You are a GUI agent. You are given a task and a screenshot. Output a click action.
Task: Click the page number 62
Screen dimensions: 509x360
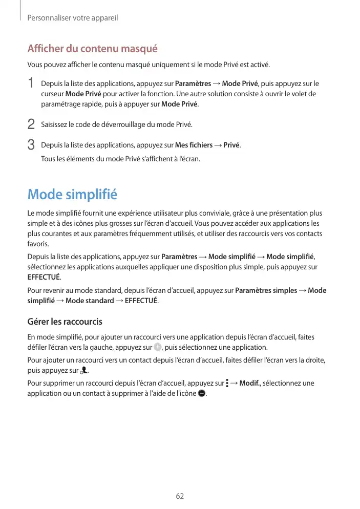point(180,496)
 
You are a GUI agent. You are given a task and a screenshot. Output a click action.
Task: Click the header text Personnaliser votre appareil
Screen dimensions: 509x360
point(73,18)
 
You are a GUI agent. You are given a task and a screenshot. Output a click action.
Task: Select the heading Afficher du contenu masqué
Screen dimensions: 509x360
point(92,49)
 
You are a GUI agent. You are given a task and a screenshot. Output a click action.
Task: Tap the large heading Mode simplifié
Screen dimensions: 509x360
point(72,195)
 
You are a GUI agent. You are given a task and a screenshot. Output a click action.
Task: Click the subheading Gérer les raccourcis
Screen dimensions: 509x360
point(65,322)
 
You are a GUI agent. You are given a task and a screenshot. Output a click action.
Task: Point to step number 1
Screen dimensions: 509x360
point(31,83)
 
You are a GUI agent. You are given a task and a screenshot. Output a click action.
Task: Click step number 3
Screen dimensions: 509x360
point(31,145)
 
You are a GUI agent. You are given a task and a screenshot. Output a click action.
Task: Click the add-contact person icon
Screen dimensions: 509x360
point(84,370)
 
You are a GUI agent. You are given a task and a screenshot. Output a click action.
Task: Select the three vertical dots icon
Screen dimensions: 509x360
point(227,383)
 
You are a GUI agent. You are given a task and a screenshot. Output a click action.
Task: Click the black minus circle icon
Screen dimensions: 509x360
point(201,393)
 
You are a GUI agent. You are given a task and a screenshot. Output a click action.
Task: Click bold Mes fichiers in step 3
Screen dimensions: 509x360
point(194,145)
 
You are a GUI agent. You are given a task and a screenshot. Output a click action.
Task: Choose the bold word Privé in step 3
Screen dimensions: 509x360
point(232,145)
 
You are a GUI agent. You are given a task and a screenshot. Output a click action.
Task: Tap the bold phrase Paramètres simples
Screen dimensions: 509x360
point(266,290)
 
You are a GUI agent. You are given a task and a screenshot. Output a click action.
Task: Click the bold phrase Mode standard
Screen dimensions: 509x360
point(90,301)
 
